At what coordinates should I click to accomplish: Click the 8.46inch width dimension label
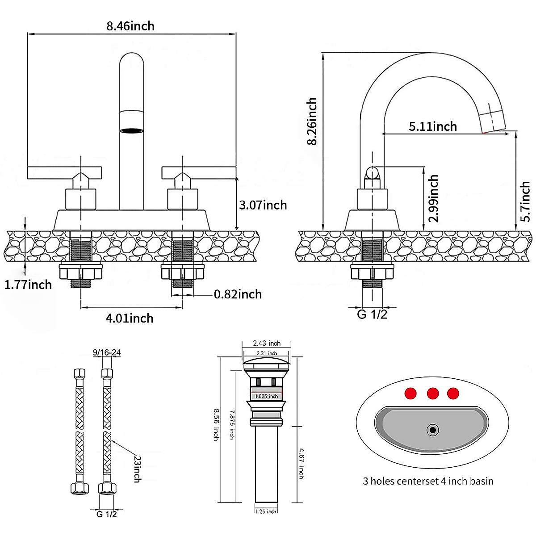point(130,26)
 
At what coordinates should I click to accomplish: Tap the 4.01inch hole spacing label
point(130,318)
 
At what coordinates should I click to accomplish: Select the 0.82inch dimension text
point(238,294)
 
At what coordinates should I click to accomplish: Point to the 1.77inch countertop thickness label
point(28,285)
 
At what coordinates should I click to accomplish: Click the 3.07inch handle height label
point(263,205)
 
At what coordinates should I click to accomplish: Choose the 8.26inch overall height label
point(312,121)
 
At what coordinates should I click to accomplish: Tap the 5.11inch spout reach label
point(433,126)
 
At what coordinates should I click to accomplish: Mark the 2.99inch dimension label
point(433,199)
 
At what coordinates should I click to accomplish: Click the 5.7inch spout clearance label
point(525,201)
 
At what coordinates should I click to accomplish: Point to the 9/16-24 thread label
point(107,352)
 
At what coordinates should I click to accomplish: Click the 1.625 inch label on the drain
point(267,396)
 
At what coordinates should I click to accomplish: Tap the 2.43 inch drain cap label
point(267,343)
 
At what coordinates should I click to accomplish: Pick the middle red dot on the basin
point(433,394)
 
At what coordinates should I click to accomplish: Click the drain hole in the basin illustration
point(432,430)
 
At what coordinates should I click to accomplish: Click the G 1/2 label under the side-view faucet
point(372,314)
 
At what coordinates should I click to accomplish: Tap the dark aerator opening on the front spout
point(132,131)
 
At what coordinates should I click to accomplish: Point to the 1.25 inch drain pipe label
point(266,511)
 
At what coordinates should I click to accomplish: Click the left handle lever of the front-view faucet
point(64,173)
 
